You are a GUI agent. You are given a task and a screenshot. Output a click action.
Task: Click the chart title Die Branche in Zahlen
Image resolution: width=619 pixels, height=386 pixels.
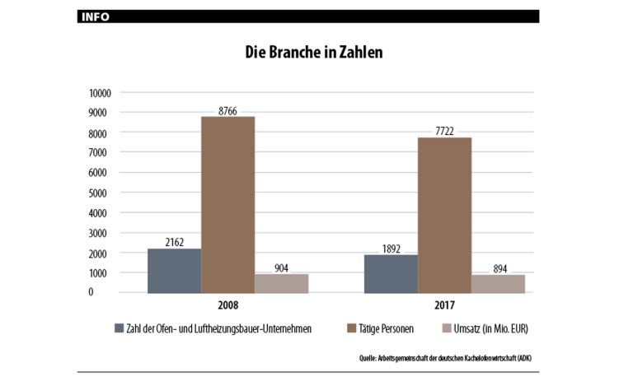click(x=313, y=52)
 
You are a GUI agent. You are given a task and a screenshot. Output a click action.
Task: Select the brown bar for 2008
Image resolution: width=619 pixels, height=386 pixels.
click(x=227, y=205)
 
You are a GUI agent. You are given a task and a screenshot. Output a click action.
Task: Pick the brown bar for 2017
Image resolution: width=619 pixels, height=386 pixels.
click(x=444, y=215)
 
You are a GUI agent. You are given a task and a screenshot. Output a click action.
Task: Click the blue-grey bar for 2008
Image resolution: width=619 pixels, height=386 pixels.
click(x=174, y=271)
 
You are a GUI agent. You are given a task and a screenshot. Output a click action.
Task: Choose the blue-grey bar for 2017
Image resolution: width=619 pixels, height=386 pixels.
click(x=391, y=273)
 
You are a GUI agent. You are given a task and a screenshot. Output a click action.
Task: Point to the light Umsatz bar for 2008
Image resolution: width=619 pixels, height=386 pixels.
click(x=281, y=283)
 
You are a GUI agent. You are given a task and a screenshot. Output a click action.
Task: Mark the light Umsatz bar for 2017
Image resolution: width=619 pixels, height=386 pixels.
click(x=498, y=283)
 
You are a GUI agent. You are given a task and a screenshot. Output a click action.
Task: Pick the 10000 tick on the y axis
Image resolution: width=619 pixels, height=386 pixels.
click(x=101, y=92)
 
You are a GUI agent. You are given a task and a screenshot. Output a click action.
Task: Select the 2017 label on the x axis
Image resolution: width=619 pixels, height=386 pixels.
click(x=444, y=305)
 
